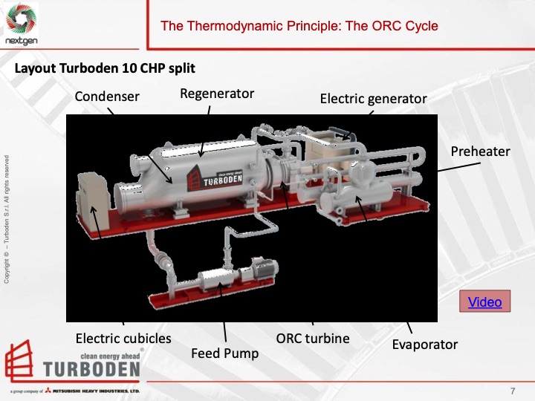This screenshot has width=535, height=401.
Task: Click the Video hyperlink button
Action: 484,301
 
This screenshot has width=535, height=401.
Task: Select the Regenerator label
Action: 217,94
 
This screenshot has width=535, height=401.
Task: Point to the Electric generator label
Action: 373,99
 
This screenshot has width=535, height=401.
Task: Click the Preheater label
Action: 481,151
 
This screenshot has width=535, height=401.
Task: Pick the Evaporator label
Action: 425,344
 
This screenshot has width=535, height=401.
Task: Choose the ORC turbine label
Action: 313,339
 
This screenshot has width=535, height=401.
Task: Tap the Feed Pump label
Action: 225,353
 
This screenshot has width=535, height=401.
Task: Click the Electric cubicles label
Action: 123,339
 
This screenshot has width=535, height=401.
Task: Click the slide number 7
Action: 513,391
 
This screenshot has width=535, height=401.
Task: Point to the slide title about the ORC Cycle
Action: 299,26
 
